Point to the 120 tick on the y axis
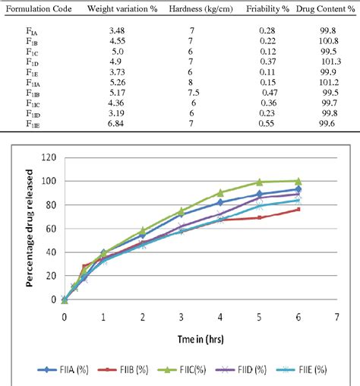coord(49,158)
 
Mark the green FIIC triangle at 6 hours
coord(298,182)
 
